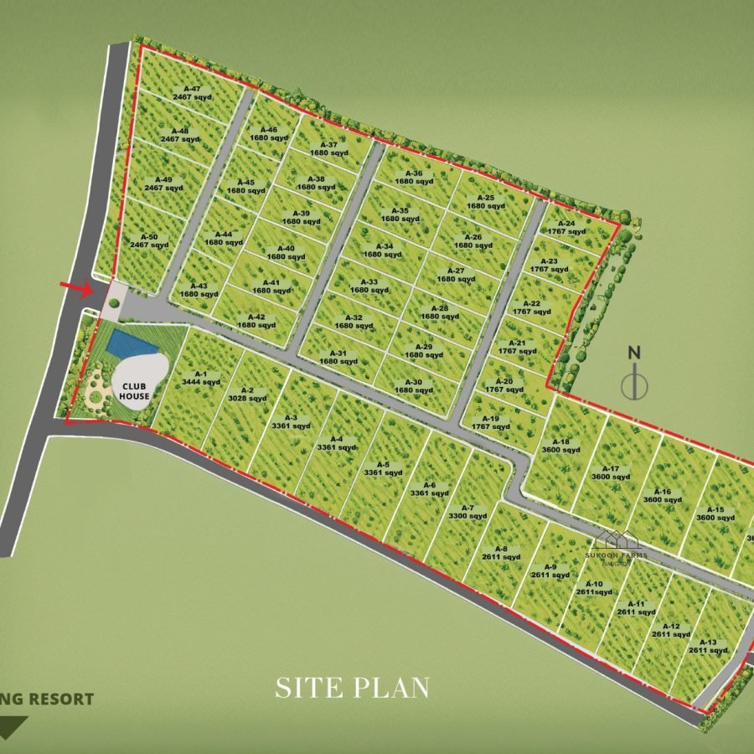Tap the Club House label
coord(134,390)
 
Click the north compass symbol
coord(636,375)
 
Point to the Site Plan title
coord(353,689)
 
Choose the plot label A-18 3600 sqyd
coord(560,446)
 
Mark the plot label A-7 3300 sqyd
coord(467,512)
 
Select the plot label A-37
coord(328,148)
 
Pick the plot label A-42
coord(256,320)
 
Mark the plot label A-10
coord(593,587)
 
